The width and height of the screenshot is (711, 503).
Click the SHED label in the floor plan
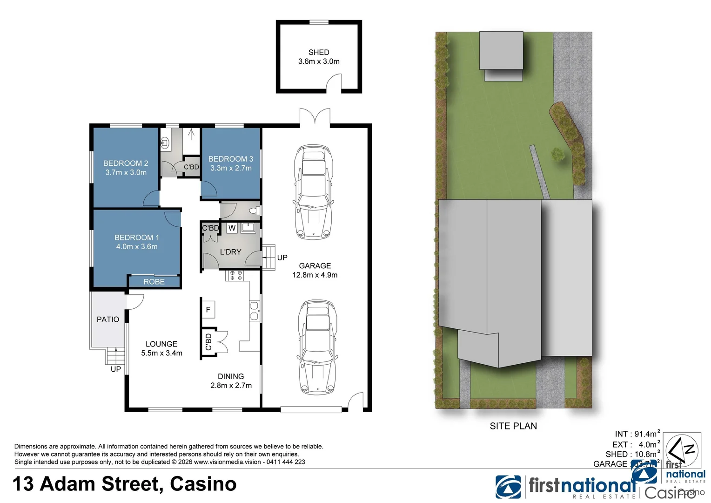pyautogui.click(x=318, y=53)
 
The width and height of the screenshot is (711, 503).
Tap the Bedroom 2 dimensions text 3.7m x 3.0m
pyautogui.click(x=126, y=172)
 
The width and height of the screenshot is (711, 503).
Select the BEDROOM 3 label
pyautogui.click(x=231, y=159)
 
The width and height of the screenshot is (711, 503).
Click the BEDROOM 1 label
pyautogui.click(x=137, y=238)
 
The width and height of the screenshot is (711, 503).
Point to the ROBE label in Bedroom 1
pyautogui.click(x=154, y=282)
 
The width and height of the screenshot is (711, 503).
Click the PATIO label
pyautogui.click(x=108, y=319)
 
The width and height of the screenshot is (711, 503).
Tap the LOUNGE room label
pyautogui.click(x=161, y=344)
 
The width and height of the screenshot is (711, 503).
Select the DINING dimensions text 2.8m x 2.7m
pyautogui.click(x=231, y=386)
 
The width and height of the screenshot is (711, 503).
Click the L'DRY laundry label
pyautogui.click(x=230, y=252)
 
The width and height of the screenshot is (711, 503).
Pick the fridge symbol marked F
pyautogui.click(x=208, y=310)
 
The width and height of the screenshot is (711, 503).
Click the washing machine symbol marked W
pyautogui.click(x=232, y=228)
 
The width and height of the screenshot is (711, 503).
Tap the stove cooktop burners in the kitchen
pyautogui.click(x=235, y=275)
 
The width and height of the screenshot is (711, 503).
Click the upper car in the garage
pyautogui.click(x=313, y=192)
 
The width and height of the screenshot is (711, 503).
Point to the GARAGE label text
pyautogui.click(x=315, y=266)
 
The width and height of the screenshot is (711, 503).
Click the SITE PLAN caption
pyautogui.click(x=513, y=426)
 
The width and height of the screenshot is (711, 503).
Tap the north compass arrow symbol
pyautogui.click(x=682, y=450)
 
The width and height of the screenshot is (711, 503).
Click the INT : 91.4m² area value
pyautogui.click(x=637, y=434)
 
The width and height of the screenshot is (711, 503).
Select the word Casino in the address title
pyautogui.click(x=203, y=484)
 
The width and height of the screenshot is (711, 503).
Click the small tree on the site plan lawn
pyautogui.click(x=557, y=154)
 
